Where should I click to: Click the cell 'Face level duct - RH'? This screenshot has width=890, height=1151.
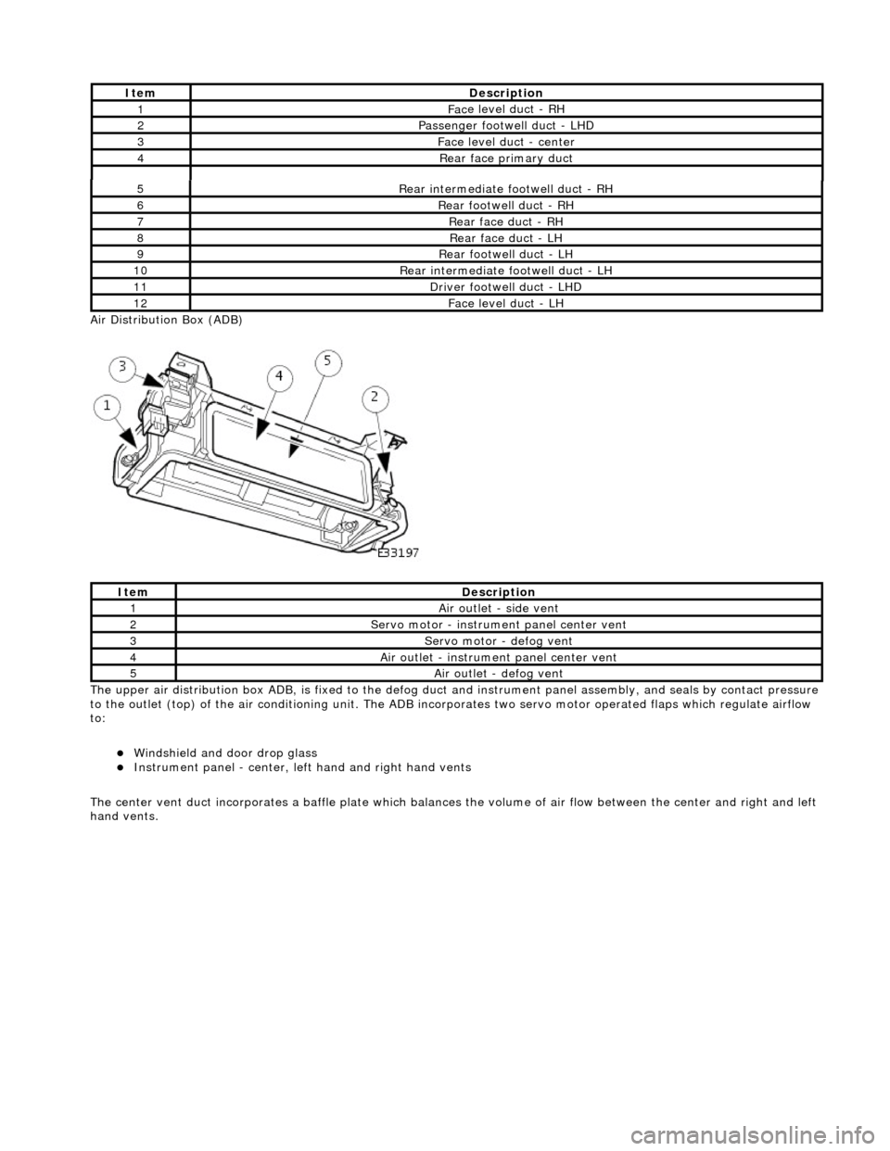point(505,108)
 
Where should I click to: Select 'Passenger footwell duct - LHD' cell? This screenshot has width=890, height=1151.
point(505,125)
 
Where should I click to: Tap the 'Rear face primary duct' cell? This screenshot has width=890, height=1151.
point(505,158)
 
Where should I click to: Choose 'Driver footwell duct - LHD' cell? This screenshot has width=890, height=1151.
point(505,286)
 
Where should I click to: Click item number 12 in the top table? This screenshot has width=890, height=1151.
point(140,303)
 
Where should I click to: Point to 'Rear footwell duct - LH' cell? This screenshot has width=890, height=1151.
point(505,254)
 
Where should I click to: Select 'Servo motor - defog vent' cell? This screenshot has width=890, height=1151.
point(498,640)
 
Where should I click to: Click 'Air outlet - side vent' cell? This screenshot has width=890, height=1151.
point(498,608)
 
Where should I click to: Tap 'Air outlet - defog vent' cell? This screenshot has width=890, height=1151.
point(498,673)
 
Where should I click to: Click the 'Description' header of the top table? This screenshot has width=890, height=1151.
point(505,93)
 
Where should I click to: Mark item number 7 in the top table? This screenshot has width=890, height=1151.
point(140,221)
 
